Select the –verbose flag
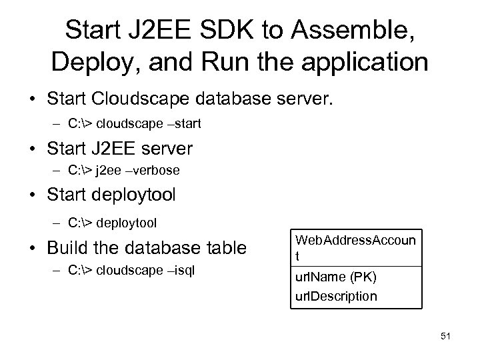[x=155, y=171]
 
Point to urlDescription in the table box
[x=335, y=295]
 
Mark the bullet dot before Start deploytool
[x=32, y=196]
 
